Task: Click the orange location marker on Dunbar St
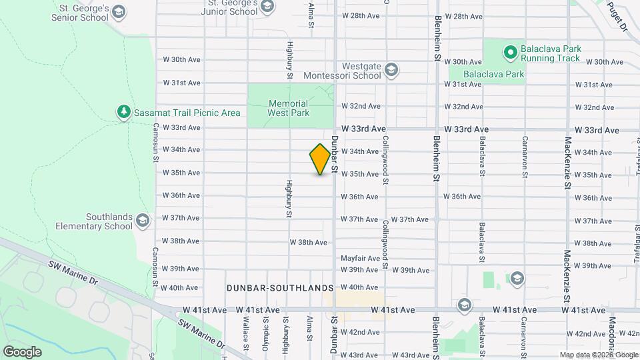pyautogui.click(x=321, y=159)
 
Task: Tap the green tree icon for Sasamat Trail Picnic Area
pyautogui.click(x=123, y=112)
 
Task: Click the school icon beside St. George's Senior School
pyautogui.click(x=119, y=12)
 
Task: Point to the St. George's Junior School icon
pyautogui.click(x=267, y=7)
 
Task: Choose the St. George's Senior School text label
pyautogui.click(x=75, y=12)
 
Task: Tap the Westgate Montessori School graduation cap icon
pyautogui.click(x=391, y=70)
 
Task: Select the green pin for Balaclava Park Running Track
pyautogui.click(x=510, y=51)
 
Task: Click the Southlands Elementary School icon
pyautogui.click(x=142, y=220)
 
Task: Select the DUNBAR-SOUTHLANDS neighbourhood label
pyautogui.click(x=279, y=288)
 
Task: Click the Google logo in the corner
pyautogui.click(x=22, y=351)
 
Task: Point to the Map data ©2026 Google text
pyautogui.click(x=598, y=355)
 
